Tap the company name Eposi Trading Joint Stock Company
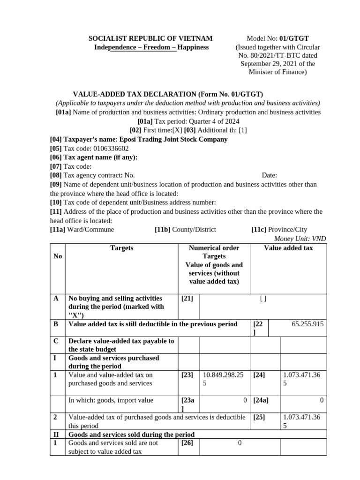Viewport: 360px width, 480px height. pos(173,139)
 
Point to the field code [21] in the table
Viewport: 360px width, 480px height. pos(187,298)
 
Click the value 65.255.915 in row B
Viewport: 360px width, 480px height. pos(307,324)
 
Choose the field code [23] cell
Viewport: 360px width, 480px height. pos(187,375)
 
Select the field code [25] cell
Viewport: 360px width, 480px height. pos(259,417)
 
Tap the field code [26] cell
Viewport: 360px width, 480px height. pos(187,442)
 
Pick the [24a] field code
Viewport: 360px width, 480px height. pos(261,400)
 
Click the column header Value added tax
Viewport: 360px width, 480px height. pos(288,248)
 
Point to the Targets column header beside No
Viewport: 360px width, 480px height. pos(121,248)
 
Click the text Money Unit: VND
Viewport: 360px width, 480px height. pos(300,239)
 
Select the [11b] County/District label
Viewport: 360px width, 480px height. pos(185,230)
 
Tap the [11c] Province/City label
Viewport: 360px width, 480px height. pos(279,230)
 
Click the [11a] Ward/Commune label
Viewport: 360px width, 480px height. pos(82,230)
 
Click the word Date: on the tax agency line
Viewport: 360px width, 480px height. pos(270,175)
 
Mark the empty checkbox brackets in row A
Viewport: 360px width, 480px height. pos(262,299)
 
